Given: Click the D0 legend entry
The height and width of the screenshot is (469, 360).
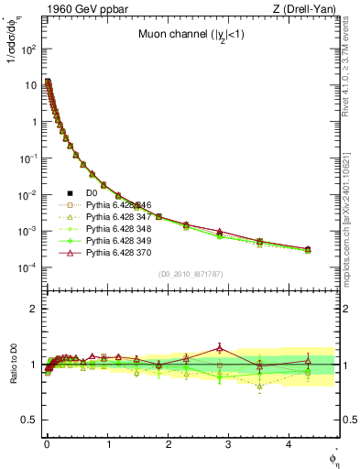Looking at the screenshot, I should [91, 193].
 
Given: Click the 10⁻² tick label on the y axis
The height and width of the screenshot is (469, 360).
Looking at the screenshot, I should [27, 194].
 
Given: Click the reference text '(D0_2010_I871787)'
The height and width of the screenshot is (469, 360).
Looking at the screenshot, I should [190, 275].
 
